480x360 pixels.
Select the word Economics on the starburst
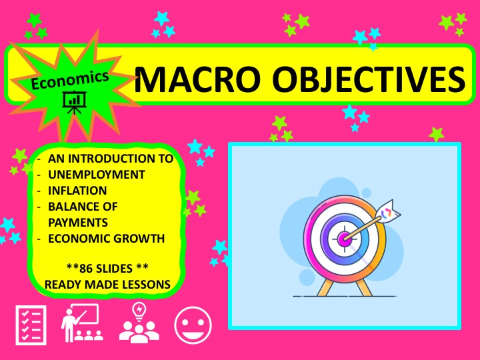[70, 80]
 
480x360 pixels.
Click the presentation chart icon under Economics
[74, 102]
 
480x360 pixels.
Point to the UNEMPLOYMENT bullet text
[97, 175]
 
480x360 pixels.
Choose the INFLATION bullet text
[77, 191]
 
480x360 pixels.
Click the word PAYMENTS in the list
[78, 222]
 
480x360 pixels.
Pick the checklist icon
[31, 325]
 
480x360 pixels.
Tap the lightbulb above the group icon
[139, 311]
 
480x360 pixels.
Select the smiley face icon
[193, 325]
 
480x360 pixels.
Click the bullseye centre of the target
[345, 237]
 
